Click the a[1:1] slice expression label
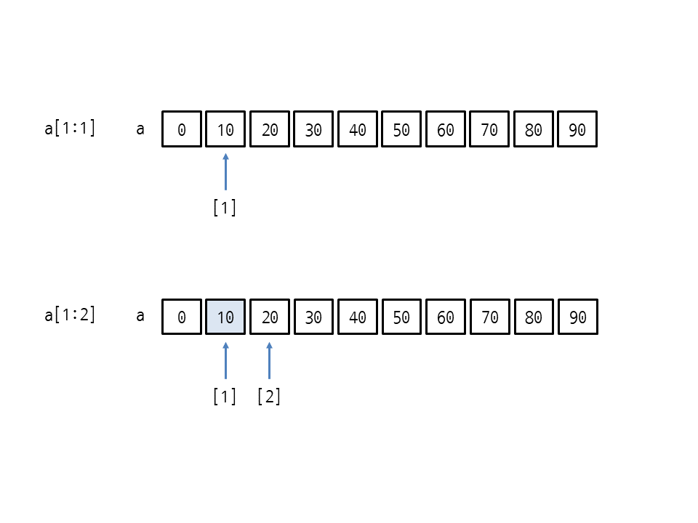(x=70, y=129)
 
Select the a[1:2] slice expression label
(x=70, y=315)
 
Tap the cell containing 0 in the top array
(x=182, y=129)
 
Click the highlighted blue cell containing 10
(x=225, y=317)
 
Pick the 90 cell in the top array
(x=577, y=129)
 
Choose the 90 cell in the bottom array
(x=578, y=317)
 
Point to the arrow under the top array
(x=225, y=171)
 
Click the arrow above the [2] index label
(x=269, y=360)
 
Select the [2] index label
(x=269, y=396)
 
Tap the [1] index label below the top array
(x=225, y=208)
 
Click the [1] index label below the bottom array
(x=225, y=396)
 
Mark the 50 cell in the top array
(x=401, y=129)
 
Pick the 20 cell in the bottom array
(x=270, y=317)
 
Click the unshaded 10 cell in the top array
(x=225, y=129)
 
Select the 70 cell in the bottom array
(x=489, y=317)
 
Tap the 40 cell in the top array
(x=358, y=129)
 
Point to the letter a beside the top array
(x=140, y=129)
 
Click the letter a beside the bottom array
(x=140, y=316)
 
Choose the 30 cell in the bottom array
(x=313, y=317)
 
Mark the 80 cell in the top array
(x=533, y=129)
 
